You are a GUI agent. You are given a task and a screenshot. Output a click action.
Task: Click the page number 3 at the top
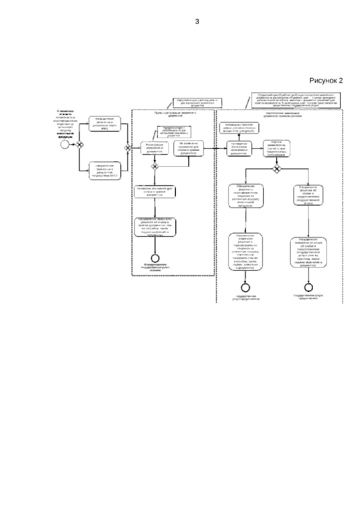[197, 22]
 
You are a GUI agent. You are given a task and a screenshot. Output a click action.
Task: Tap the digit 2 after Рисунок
[340, 80]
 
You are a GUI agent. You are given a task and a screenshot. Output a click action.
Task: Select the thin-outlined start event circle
[64, 144]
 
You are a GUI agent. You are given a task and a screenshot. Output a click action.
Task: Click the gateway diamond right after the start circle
[79, 144]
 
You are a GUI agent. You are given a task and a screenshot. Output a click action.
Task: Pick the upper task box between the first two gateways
[105, 124]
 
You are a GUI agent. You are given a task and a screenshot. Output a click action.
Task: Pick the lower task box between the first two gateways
[105, 171]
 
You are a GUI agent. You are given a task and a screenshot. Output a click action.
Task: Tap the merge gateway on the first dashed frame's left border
[128, 148]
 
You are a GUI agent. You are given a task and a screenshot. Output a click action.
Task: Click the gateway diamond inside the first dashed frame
[155, 166]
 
